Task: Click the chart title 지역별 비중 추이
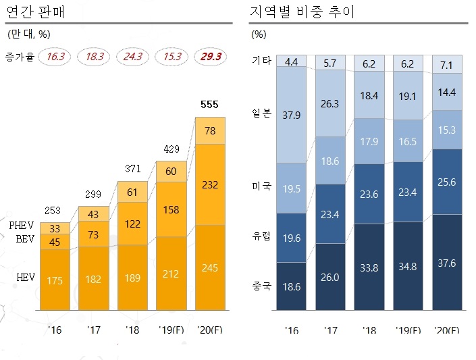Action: point(302,11)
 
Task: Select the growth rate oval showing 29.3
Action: point(210,57)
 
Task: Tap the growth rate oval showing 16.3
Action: point(55,57)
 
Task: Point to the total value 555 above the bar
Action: point(210,105)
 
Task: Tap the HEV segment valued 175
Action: point(55,280)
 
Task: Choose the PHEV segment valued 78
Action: point(210,130)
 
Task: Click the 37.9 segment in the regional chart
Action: point(292,115)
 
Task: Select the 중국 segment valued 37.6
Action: point(446,263)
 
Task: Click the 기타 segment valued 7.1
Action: point(446,64)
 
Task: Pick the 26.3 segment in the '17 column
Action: point(330,104)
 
